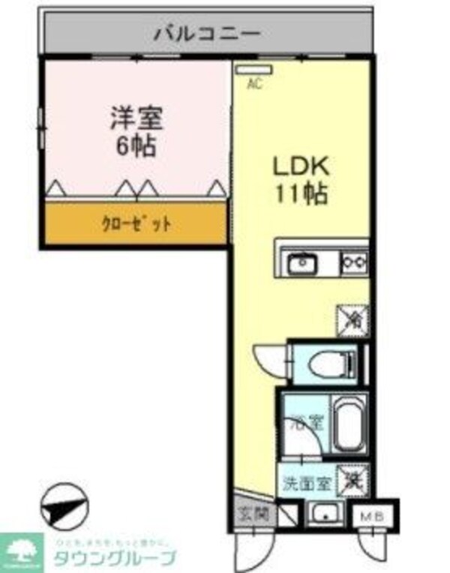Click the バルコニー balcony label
coord(207,34)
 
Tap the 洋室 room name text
coord(136,118)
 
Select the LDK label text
coord(301,166)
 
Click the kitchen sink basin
coord(301,263)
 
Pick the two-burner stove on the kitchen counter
coord(354,262)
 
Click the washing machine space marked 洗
coord(352,481)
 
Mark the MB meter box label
coord(373,516)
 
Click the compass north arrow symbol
coord(64,508)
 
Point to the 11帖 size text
coord(301,193)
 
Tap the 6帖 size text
coord(136,145)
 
